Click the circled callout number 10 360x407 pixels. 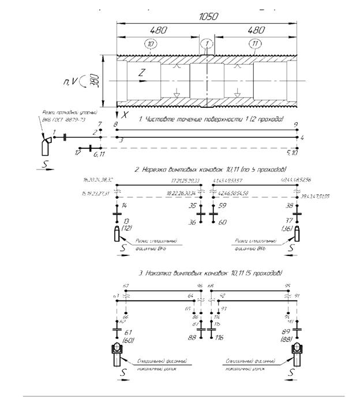(x=151, y=44)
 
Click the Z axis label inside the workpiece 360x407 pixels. (x=142, y=73)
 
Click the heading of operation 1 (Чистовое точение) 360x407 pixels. (x=211, y=119)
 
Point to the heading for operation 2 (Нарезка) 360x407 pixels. (x=210, y=171)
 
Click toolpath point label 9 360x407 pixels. (x=295, y=124)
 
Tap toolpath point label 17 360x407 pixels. (x=77, y=153)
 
